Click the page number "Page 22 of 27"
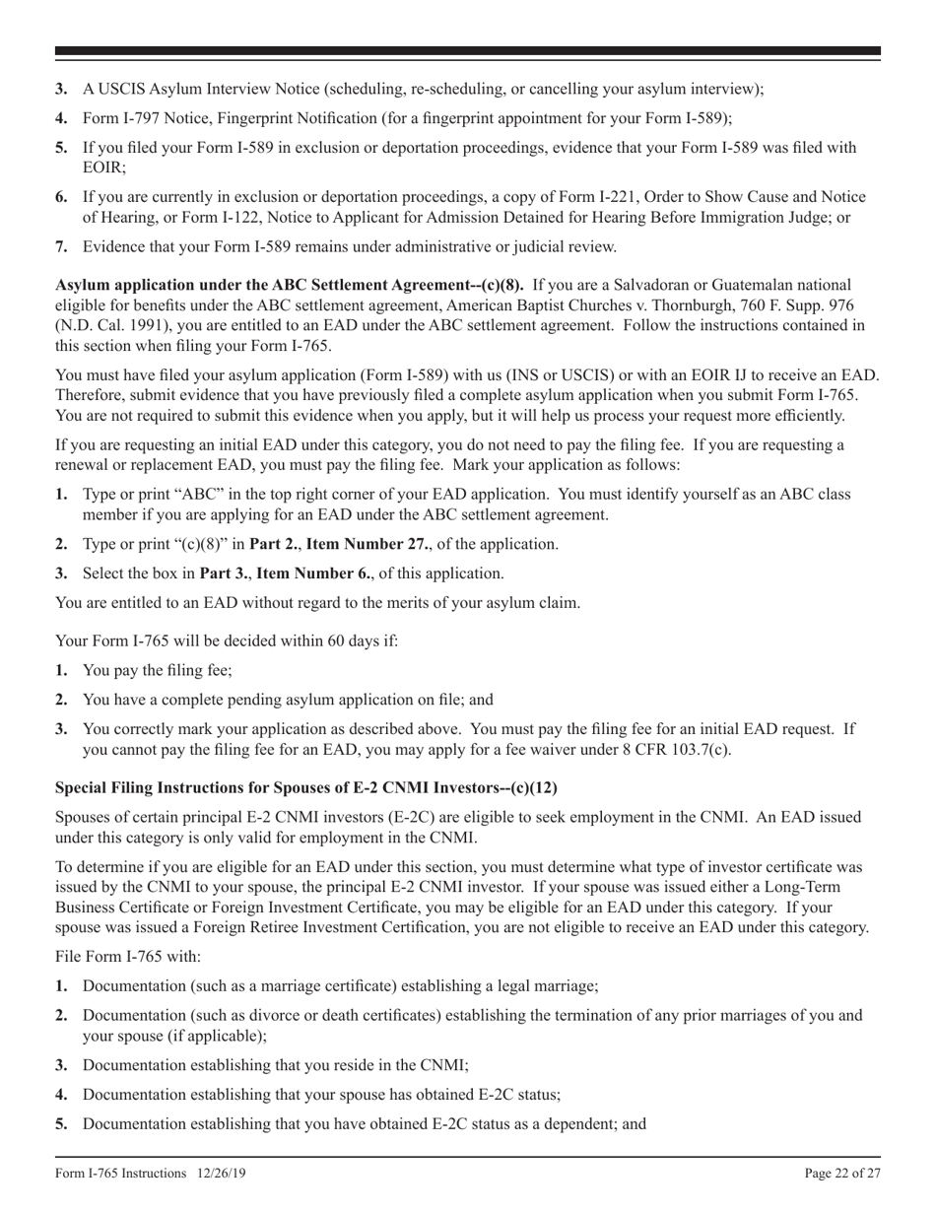tap(842, 1173)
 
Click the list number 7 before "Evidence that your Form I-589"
tap(61, 246)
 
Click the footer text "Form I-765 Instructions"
tap(121, 1173)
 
